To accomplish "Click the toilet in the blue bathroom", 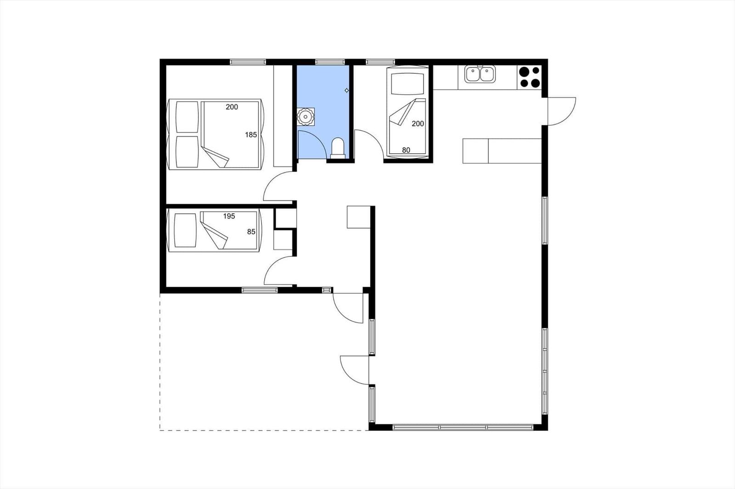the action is pyautogui.click(x=338, y=149).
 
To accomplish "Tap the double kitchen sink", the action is pyautogui.click(x=480, y=74).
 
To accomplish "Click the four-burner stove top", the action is pyautogui.click(x=529, y=77).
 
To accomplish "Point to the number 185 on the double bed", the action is pyautogui.click(x=251, y=135).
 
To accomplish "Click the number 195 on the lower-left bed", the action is pyautogui.click(x=229, y=217).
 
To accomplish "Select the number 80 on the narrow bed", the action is pyautogui.click(x=406, y=150).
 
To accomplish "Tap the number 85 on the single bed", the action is pyautogui.click(x=251, y=232).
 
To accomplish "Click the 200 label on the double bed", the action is pyautogui.click(x=232, y=107).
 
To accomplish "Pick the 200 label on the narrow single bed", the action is pyautogui.click(x=418, y=123).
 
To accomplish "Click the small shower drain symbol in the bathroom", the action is pyautogui.click(x=346, y=90).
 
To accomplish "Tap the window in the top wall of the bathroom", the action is pyautogui.click(x=330, y=61).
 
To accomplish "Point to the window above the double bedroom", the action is pyautogui.click(x=248, y=61).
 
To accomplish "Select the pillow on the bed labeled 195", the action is pyautogui.click(x=185, y=230).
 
